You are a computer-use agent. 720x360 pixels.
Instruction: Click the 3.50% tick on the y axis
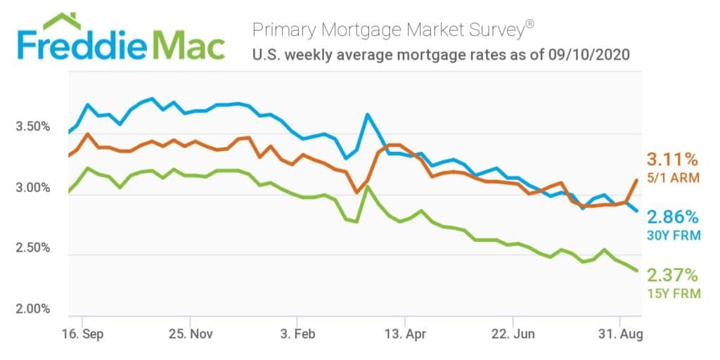click(32, 127)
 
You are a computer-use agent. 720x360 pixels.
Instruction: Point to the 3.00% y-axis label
click(32, 188)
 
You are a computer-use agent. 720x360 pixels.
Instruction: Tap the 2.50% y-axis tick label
click(32, 248)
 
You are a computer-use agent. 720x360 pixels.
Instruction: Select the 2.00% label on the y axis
click(32, 309)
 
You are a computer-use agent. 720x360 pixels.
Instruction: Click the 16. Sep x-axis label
click(82, 333)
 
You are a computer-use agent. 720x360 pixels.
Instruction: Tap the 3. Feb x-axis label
click(298, 333)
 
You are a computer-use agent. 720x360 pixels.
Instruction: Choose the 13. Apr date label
click(406, 333)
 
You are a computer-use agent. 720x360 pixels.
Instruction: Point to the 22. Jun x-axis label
click(513, 333)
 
